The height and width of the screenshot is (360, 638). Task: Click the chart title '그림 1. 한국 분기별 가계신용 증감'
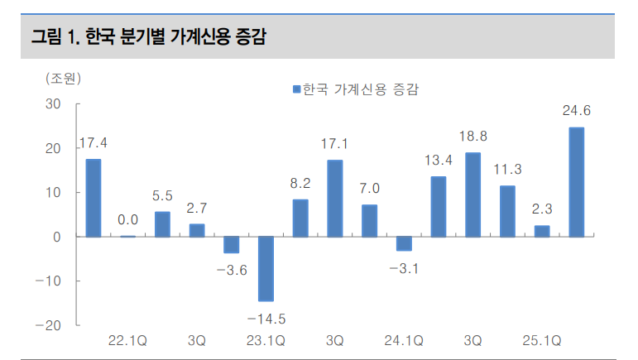(x=149, y=37)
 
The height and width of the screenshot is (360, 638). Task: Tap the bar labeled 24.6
(x=576, y=182)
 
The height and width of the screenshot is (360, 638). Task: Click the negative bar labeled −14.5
(x=266, y=269)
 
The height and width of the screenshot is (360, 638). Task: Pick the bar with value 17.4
(x=94, y=198)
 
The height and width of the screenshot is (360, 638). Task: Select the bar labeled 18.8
(x=473, y=194)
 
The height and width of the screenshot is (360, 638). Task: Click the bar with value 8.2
(x=300, y=218)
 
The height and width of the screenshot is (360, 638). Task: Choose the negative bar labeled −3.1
(x=404, y=243)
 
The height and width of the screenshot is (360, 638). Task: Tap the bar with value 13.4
(x=439, y=207)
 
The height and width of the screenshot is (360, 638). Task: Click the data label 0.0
(x=127, y=220)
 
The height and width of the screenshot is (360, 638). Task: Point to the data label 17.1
(x=334, y=144)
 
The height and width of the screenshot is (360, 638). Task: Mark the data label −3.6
(x=231, y=268)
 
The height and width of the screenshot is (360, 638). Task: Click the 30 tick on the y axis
(x=54, y=104)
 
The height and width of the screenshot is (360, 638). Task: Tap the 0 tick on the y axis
(x=57, y=237)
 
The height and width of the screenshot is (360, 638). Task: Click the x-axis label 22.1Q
(x=127, y=340)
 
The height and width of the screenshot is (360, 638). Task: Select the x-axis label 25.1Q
(x=542, y=340)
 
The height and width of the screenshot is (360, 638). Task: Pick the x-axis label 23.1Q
(x=266, y=340)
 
